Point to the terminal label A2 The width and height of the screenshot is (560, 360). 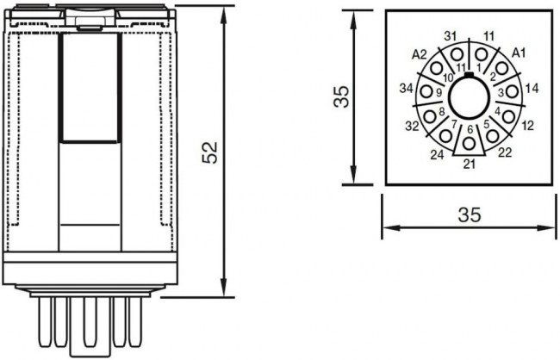pyautogui.click(x=420, y=54)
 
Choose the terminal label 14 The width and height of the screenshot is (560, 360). pyautogui.click(x=532, y=88)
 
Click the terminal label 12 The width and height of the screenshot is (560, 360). pyautogui.click(x=528, y=126)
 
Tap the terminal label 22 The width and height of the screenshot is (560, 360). pyautogui.click(x=507, y=153)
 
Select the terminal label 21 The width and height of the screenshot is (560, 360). pyautogui.click(x=469, y=164)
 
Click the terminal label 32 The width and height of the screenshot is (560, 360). pyautogui.click(x=411, y=126)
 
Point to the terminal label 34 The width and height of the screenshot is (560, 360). pyautogui.click(x=407, y=88)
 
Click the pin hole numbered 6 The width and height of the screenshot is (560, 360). pyautogui.click(x=469, y=143)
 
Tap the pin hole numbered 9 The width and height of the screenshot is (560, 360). pyautogui.click(x=429, y=92)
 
